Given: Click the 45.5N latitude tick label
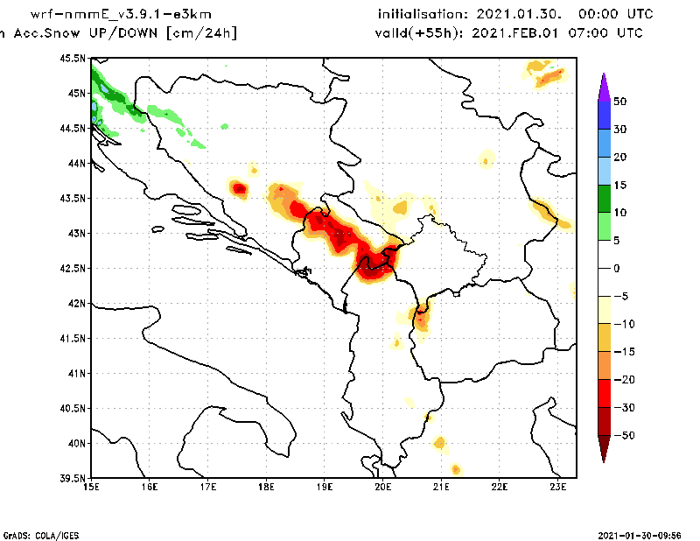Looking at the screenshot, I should tap(75, 59).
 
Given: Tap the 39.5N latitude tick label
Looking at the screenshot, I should tap(75, 479).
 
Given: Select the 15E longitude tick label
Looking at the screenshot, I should tap(91, 488).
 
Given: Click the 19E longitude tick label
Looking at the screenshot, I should tap(325, 488).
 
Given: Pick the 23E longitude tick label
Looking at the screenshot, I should tap(558, 488).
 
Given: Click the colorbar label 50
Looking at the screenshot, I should tap(619, 102).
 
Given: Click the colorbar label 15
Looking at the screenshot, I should tap(619, 185).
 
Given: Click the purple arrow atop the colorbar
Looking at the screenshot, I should tap(603, 86).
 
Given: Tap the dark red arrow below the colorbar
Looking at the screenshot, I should tap(603, 450).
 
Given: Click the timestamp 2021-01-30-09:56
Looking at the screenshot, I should tap(646, 534).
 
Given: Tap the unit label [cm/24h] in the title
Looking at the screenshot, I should tap(200, 33).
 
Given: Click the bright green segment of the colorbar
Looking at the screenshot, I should tap(603, 226).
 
